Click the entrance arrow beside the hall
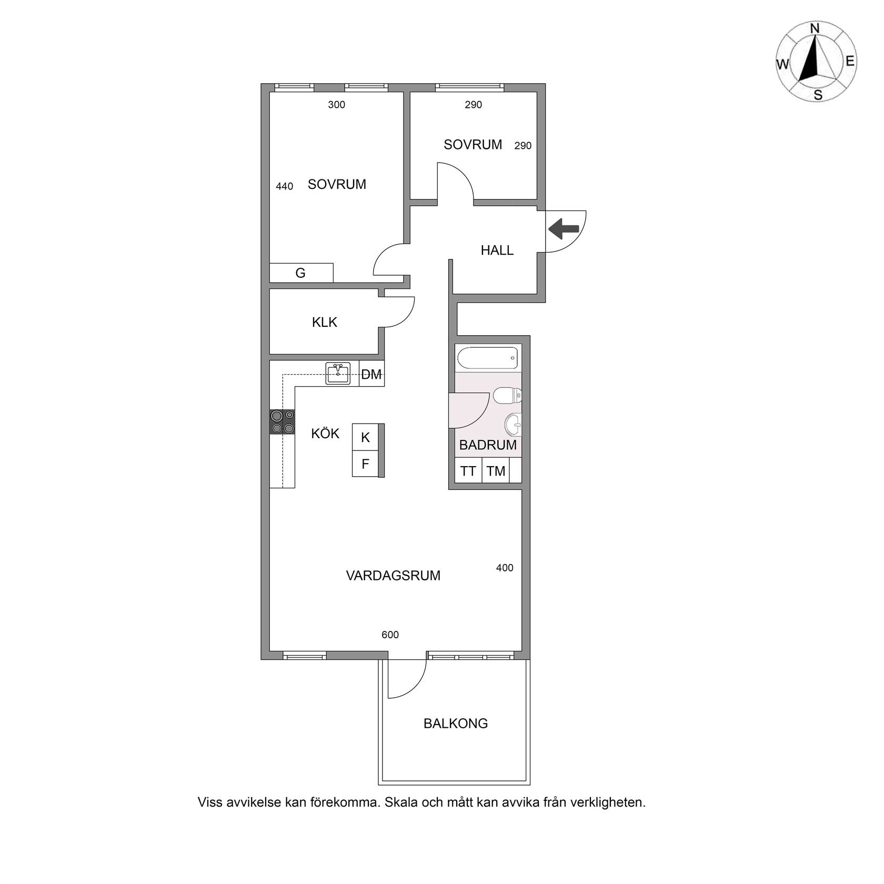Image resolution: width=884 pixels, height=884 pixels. pyautogui.click(x=564, y=229)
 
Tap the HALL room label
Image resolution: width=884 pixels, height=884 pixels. pyautogui.click(x=497, y=250)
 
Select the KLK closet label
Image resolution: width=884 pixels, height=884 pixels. pyautogui.click(x=325, y=322)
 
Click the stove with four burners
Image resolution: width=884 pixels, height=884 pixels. pyautogui.click(x=282, y=422)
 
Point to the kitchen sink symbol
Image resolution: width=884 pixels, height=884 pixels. pyautogui.click(x=338, y=374)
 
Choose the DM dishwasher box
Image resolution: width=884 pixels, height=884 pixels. pyautogui.click(x=371, y=374)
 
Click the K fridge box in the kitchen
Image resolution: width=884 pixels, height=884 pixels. pyautogui.click(x=366, y=437)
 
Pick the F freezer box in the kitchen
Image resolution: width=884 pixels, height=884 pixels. pyautogui.click(x=366, y=464)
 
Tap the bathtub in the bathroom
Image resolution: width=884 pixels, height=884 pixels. pyautogui.click(x=488, y=358)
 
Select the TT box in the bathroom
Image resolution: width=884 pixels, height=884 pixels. pyautogui.click(x=468, y=471)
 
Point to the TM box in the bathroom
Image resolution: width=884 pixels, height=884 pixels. pyautogui.click(x=496, y=471)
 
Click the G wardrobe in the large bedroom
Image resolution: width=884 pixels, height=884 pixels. pyautogui.click(x=301, y=273)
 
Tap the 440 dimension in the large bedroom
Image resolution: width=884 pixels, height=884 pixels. pyautogui.click(x=284, y=186)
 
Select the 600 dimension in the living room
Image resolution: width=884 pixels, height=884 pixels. pyautogui.click(x=390, y=635)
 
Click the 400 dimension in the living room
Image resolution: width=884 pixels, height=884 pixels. pyautogui.click(x=505, y=568)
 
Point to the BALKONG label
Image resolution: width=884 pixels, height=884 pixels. pyautogui.click(x=456, y=724)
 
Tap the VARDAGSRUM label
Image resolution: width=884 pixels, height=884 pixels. pyautogui.click(x=393, y=576)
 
